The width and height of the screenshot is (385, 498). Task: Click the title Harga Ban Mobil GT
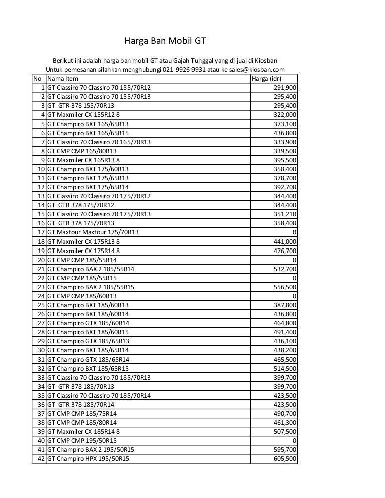(x=165, y=41)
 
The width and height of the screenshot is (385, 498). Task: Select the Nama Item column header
(x=63, y=79)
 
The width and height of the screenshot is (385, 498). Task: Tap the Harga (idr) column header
(x=266, y=79)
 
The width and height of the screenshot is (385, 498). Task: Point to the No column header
(x=37, y=79)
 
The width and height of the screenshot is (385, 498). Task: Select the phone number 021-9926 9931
(x=183, y=70)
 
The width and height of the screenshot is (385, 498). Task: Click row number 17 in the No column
(x=42, y=232)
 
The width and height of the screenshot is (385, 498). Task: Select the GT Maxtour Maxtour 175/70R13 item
(x=93, y=232)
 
